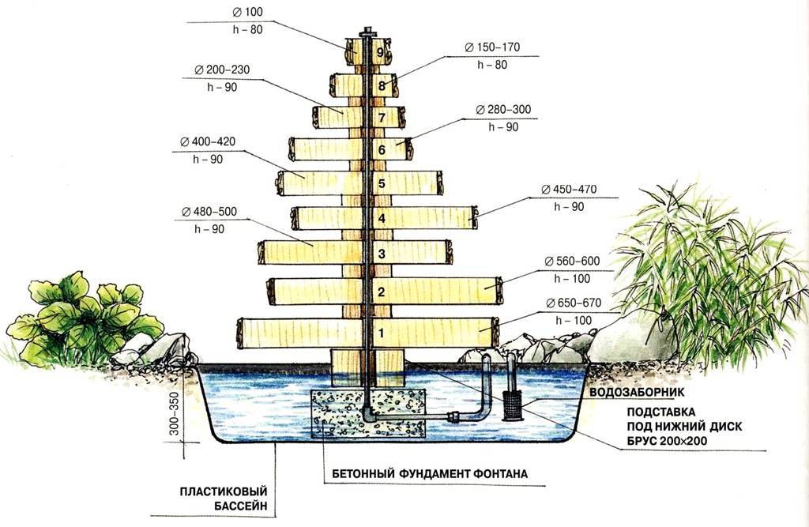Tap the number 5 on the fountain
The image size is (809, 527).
coord(381,183)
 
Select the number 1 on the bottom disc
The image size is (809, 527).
coord(381,333)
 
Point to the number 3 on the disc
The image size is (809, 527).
coord(381,254)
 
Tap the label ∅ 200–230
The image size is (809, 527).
coord(216,70)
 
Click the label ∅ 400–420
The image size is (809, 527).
coord(208,141)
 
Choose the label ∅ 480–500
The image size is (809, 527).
coord(209,211)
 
